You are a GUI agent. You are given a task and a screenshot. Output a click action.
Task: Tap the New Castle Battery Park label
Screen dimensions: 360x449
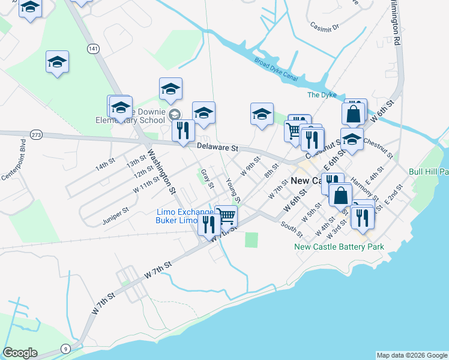pos(339,247)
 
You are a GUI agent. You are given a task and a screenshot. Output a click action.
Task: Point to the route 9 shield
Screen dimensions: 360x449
pos(65,348)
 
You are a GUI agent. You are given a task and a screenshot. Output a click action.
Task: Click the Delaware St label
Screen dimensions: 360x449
pos(218,147)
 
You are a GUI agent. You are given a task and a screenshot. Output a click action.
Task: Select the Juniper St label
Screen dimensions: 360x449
pos(116,212)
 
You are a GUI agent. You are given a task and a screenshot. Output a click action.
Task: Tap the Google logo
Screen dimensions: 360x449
pos(20,353)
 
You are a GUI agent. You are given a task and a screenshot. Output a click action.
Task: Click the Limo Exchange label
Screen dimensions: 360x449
pos(184,212)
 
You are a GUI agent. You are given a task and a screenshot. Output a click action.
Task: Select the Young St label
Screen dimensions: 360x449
pos(233,190)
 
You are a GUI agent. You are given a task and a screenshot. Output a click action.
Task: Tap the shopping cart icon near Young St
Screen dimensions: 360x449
pos(226,215)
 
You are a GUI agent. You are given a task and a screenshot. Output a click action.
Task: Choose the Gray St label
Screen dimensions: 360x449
pos(208,178)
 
